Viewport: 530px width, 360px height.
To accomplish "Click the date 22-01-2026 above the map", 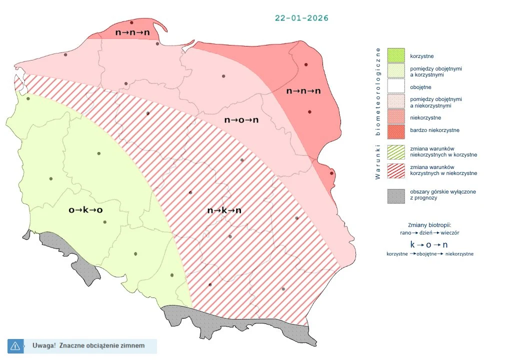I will tap(301, 18).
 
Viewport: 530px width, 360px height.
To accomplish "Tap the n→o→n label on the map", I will tap(241, 120).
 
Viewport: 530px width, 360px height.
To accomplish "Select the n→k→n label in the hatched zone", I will tap(224, 210).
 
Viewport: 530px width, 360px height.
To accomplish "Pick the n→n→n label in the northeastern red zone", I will tap(303, 91).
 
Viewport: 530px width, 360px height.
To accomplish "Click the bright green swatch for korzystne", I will tap(396, 55).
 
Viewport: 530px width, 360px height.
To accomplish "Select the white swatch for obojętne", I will tap(396, 87).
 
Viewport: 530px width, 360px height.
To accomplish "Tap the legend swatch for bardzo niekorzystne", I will tap(396, 130).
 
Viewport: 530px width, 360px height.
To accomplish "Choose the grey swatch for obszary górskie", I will tap(396, 195).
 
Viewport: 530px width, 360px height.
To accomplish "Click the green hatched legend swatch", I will tap(396, 151).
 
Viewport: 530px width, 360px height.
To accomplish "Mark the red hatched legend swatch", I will tap(396, 170).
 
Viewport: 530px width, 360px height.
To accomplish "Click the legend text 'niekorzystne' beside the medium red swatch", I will tap(425, 118).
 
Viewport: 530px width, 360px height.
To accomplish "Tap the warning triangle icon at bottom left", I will tap(15, 345).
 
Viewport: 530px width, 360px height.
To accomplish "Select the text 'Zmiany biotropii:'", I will tap(429, 225).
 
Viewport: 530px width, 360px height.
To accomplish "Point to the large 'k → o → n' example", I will tap(429, 244).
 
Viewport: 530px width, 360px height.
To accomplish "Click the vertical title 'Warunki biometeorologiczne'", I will tap(378, 113).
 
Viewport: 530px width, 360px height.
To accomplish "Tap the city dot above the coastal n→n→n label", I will tap(131, 22).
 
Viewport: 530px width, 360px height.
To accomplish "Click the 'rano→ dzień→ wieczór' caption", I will tap(429, 233).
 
